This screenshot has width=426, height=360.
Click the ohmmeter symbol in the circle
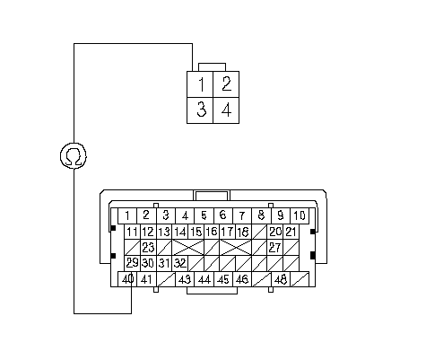(x=74, y=155)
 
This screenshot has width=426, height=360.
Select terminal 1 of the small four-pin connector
(x=200, y=84)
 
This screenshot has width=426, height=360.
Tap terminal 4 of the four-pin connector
(x=226, y=110)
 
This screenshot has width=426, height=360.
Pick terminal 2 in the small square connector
(x=226, y=84)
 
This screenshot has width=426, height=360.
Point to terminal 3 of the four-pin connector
(x=200, y=110)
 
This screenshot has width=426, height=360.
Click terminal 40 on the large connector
(x=127, y=279)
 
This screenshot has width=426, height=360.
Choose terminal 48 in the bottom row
(x=281, y=279)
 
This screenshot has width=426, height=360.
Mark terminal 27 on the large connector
(x=274, y=247)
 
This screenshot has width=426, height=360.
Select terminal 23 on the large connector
(x=148, y=247)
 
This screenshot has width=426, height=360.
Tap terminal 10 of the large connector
(x=300, y=215)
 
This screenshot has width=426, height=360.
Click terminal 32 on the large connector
(x=180, y=263)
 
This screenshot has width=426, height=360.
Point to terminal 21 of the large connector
(x=291, y=232)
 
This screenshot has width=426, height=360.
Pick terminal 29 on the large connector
(x=132, y=263)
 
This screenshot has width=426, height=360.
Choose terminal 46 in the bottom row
(x=242, y=279)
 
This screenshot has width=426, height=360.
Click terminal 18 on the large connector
(x=243, y=232)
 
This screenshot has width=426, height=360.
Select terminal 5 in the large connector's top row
(x=204, y=215)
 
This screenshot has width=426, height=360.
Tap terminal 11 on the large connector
(x=132, y=232)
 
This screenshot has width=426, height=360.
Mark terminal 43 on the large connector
(x=185, y=279)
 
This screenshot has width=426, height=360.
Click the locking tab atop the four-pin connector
(x=212, y=67)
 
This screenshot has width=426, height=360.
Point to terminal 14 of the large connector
(x=180, y=232)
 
